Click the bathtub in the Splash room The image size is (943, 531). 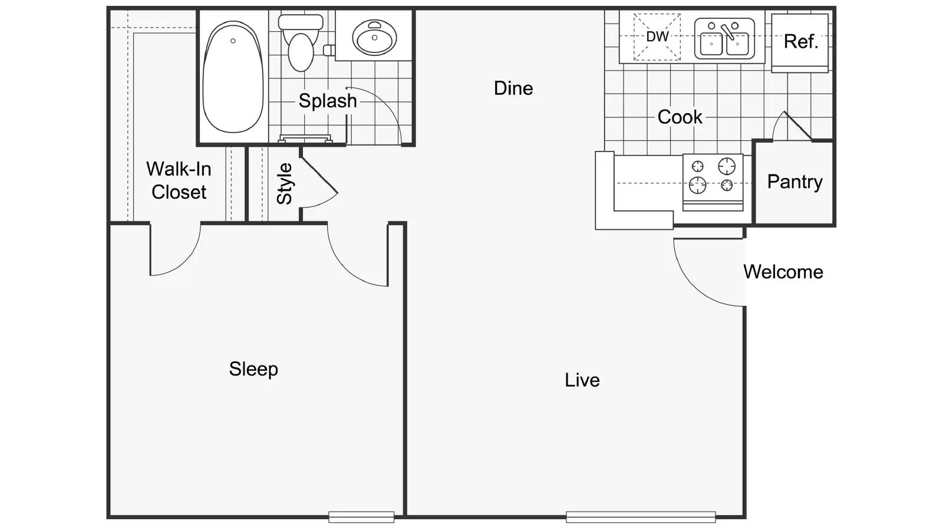coord(232,77)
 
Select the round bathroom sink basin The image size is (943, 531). coord(374,37)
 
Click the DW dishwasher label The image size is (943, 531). coord(657,37)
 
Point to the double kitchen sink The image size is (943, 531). coord(724,39)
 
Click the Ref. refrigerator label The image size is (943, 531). coord(800,42)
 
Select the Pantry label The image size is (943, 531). coord(794,182)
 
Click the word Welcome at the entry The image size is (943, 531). coord(783,272)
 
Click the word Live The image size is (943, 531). coord(582,380)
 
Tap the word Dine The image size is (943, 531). coord(513,88)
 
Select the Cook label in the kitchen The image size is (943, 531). coord(680,117)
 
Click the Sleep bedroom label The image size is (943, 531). coord(253,369)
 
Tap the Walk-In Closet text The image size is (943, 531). coord(179,180)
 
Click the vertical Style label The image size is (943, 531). coord(285,184)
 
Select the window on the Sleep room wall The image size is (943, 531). coord(361,517)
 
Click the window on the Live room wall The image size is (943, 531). coord(641,517)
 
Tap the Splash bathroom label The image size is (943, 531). coord(327,101)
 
